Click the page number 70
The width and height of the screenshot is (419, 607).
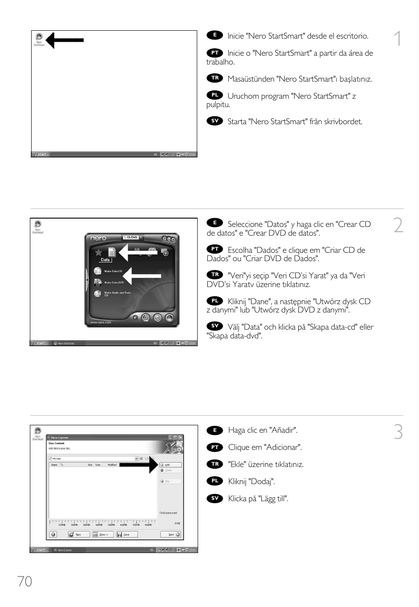(x=25, y=581)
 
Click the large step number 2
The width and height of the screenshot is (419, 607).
(x=398, y=226)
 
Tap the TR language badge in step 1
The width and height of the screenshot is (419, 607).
(x=215, y=78)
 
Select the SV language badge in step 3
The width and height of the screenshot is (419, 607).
(x=215, y=498)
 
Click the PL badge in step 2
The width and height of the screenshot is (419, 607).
(x=215, y=301)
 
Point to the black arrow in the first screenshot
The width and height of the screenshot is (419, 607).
(x=65, y=40)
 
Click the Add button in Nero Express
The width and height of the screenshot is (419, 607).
(x=170, y=465)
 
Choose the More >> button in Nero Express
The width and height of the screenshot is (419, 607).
(x=103, y=535)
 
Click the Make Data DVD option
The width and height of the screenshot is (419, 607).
(x=113, y=283)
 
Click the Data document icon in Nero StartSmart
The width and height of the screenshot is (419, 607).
(x=112, y=252)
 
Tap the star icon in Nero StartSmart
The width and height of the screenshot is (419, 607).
(x=98, y=252)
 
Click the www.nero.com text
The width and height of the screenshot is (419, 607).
(x=101, y=323)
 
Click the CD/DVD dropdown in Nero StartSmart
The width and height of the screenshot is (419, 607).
(x=132, y=237)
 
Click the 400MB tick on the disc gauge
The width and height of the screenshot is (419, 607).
(x=99, y=524)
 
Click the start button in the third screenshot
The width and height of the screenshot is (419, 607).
(x=39, y=550)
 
